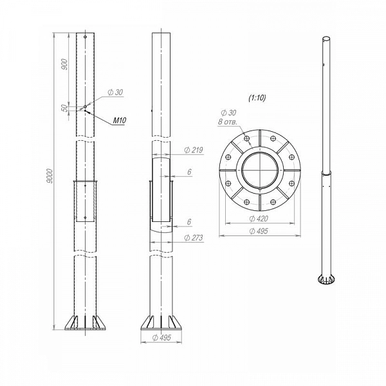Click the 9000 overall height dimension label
tap(50, 176)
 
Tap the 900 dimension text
tap(64, 64)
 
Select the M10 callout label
tap(120, 120)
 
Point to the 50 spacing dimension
tap(64, 108)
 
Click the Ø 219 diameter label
tap(194, 150)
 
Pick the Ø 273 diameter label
tap(194, 237)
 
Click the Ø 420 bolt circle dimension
tap(259, 218)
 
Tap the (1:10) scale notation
tap(257, 98)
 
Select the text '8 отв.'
tap(227, 122)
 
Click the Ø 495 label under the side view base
tap(161, 338)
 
